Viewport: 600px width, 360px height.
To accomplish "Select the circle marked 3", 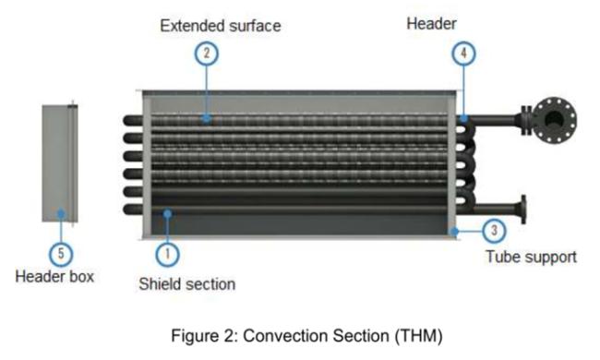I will pyautogui.click(x=495, y=230).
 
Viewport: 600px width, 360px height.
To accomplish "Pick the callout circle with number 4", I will pyautogui.click(x=465, y=53).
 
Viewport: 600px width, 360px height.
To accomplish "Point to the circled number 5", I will pyautogui.click(x=61, y=251).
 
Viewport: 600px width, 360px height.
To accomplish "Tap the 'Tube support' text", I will pyautogui.click(x=531, y=257).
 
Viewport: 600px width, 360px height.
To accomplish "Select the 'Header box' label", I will pyautogui.click(x=54, y=276).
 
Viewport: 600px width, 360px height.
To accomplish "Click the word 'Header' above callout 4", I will pyautogui.click(x=431, y=23).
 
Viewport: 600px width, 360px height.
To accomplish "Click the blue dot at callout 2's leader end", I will pyautogui.click(x=207, y=118).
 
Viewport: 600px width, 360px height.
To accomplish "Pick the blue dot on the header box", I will pyautogui.click(x=61, y=213).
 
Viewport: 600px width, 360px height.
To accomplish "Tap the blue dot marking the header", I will pyautogui.click(x=464, y=118).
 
